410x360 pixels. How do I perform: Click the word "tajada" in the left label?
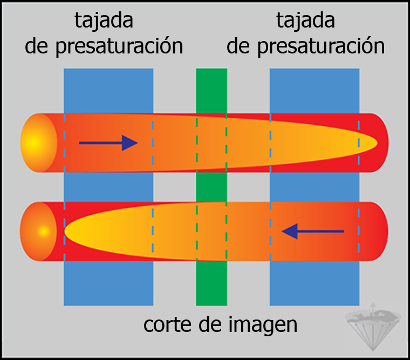(x=104, y=22)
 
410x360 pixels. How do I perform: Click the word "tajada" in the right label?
(x=305, y=22)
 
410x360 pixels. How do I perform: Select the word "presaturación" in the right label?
(x=321, y=46)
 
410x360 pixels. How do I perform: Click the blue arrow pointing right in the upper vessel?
(x=108, y=142)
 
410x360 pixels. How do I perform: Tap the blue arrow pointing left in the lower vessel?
(x=313, y=232)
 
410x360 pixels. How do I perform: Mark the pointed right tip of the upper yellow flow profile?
(x=374, y=143)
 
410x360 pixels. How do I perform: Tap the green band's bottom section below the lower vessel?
(x=211, y=283)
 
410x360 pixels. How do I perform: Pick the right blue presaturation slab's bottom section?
(x=315, y=283)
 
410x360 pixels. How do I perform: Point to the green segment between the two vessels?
(x=211, y=187)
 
